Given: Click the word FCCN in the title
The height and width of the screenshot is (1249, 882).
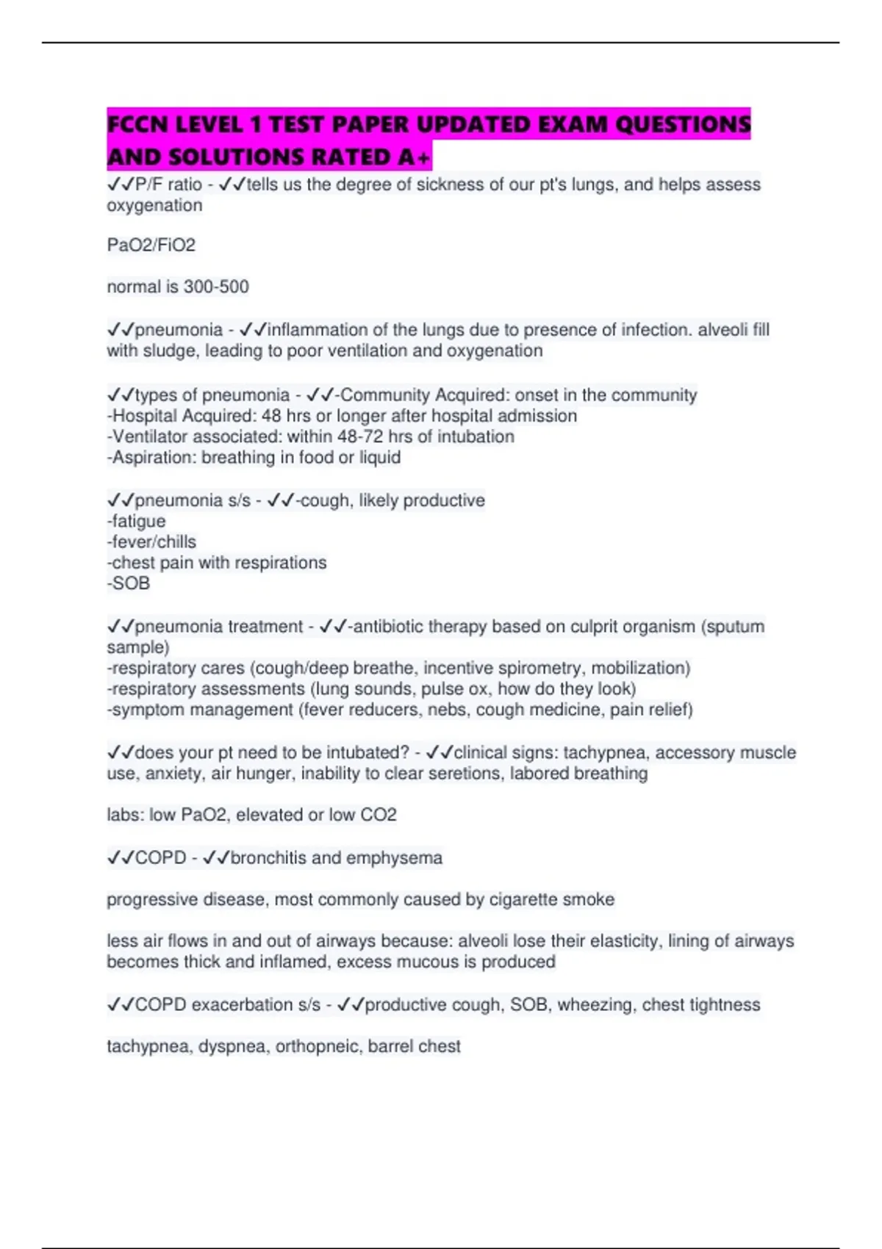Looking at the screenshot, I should point(137,124).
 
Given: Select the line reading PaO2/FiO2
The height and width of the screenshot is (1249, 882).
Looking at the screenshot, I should point(151,245).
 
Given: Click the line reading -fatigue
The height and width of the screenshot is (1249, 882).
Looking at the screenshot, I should point(137,521).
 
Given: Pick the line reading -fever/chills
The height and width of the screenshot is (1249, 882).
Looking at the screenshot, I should point(152,541).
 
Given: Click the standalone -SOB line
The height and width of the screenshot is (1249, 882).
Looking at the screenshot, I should point(129,583).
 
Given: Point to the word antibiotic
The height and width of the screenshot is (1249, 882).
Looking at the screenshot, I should point(388,627).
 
